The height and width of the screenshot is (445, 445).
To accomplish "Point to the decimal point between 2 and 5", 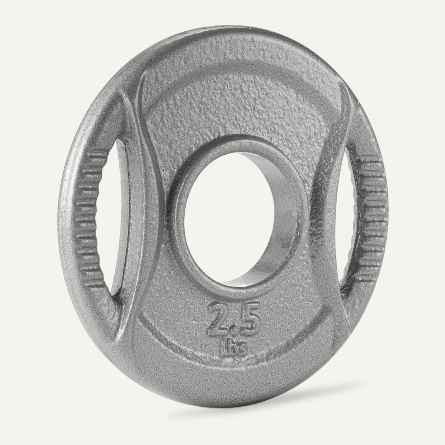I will click(235, 329).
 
